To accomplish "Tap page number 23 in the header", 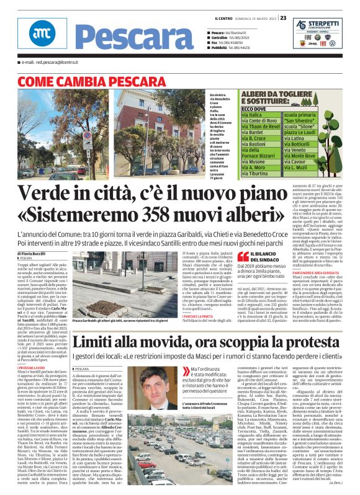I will [x=282, y=18].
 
